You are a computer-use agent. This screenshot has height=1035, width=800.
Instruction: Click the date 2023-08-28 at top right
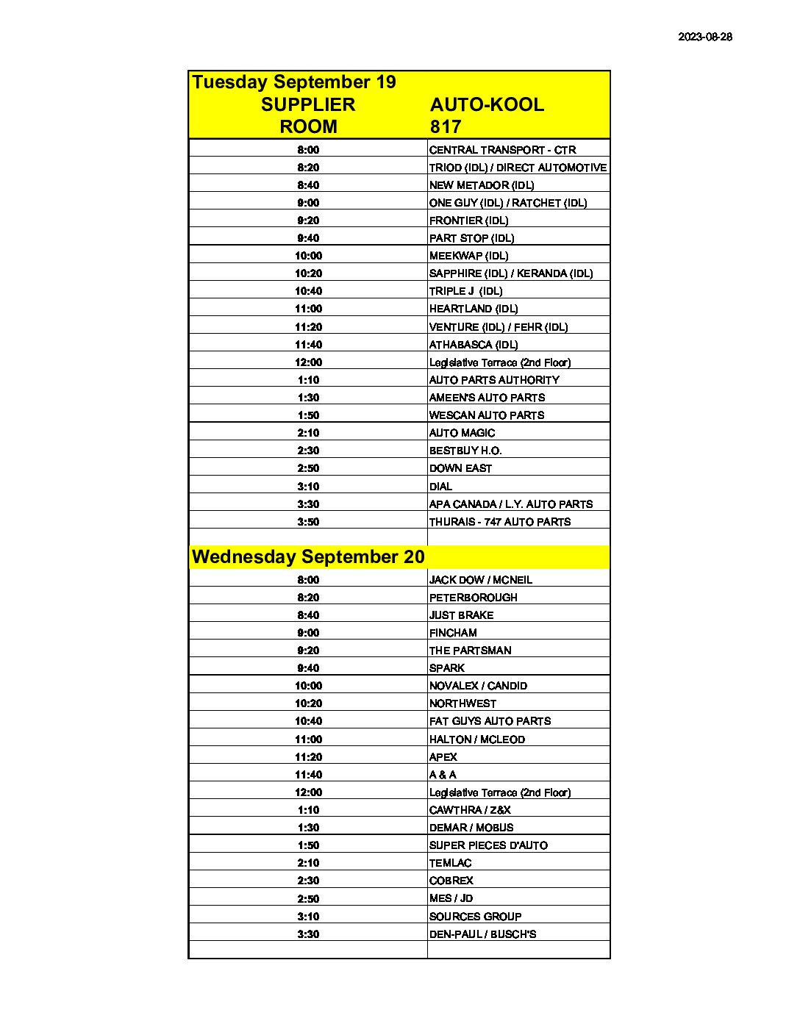[704, 37]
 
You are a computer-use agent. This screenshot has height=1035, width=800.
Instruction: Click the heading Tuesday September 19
[293, 82]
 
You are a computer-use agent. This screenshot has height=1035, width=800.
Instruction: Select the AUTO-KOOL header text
[487, 104]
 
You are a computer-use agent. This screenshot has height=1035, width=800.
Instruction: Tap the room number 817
[446, 126]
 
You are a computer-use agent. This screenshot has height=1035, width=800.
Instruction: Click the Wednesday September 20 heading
[308, 556]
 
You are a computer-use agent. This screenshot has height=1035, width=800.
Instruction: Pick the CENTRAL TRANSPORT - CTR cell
[502, 150]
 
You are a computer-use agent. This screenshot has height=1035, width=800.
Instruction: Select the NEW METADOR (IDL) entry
[482, 185]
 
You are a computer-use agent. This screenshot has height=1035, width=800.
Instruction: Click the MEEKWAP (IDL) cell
[468, 256]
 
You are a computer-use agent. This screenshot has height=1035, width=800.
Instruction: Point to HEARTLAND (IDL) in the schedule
[474, 309]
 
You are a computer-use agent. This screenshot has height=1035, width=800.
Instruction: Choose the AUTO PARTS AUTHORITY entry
[494, 380]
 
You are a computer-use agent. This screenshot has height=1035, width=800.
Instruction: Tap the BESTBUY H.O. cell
[465, 451]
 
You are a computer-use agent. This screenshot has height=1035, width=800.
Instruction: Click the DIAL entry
[440, 487]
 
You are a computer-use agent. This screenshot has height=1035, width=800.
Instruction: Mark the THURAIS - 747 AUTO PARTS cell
[500, 522]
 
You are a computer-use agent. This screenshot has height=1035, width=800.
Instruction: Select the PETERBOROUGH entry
[473, 598]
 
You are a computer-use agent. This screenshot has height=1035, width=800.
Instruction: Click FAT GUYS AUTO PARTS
[490, 721]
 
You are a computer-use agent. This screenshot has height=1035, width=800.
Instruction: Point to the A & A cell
[443, 775]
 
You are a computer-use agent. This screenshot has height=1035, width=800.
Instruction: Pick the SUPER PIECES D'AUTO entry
[488, 845]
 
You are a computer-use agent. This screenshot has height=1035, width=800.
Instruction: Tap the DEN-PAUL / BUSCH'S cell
[482, 934]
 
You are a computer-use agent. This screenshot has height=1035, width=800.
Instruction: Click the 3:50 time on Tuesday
[308, 522]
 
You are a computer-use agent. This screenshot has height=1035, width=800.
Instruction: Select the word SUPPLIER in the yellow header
[308, 104]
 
